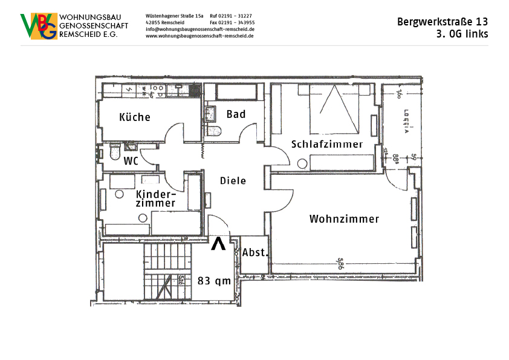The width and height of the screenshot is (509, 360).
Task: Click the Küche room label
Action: click(135, 117)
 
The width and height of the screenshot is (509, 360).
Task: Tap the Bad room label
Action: click(236, 114)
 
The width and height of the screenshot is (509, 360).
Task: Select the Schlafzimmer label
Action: click(326, 145)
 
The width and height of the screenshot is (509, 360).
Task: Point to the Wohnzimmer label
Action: click(344, 219)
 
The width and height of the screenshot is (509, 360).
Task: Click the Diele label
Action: click(233, 181)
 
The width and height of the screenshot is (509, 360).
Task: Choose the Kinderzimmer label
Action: click(155, 199)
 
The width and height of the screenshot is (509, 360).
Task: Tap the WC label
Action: click(132, 162)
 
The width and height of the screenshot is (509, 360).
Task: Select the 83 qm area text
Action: click(215, 281)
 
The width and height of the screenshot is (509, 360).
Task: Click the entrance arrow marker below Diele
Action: click(218, 244)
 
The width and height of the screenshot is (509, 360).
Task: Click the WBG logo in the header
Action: click(39, 27)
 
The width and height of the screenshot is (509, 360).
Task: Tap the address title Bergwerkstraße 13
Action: click(443, 22)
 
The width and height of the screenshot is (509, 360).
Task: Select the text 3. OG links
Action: click(462, 34)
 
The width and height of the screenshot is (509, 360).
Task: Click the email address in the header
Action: click(199, 29)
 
